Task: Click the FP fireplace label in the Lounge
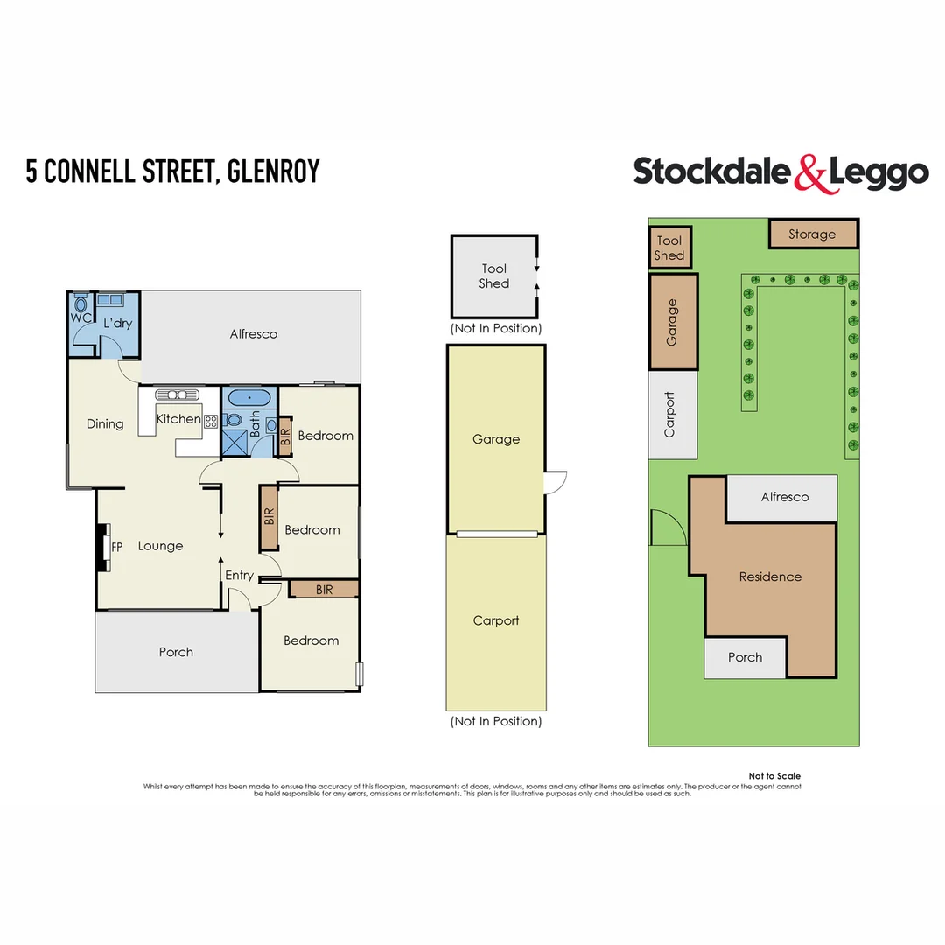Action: point(117,547)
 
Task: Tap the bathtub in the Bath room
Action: point(250,398)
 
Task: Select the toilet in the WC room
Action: point(81,306)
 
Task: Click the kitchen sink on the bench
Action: point(177,395)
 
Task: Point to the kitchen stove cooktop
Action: point(211,421)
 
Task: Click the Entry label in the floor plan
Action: point(239,575)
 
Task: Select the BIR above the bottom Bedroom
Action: point(324,590)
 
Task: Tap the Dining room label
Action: point(105,424)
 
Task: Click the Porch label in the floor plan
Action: point(176,652)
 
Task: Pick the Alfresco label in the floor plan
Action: point(253,334)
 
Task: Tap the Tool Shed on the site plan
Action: point(669,248)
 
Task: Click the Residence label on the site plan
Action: point(770,577)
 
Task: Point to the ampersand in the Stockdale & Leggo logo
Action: point(809,172)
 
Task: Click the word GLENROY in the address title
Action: point(273,171)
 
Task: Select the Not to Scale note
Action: point(774,776)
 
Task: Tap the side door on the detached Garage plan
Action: point(555,483)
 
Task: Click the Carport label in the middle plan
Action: point(496,620)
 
